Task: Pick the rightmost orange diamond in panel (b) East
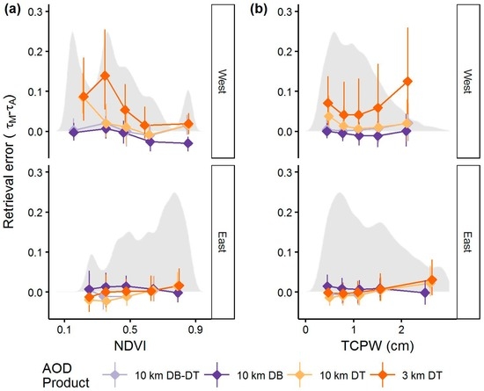pos(431,279)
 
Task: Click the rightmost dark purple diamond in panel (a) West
pos(188,143)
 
